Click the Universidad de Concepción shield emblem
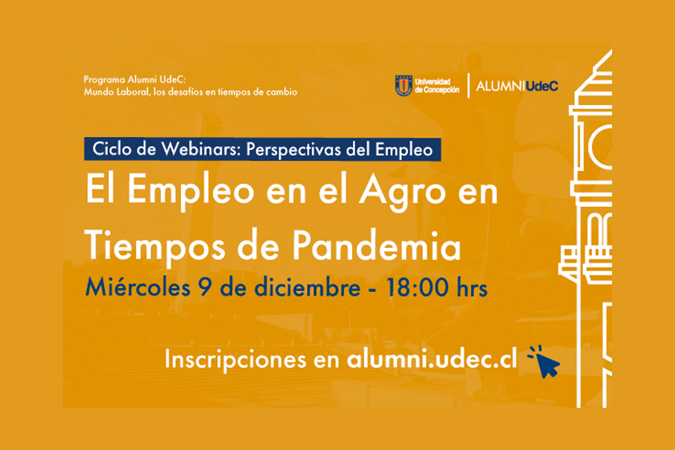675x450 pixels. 403,86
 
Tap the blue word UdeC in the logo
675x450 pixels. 542,86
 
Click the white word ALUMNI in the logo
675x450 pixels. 501,86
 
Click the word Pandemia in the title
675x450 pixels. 377,246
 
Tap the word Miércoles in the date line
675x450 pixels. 138,287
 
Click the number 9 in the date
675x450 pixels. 205,287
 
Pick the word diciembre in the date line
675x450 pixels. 307,287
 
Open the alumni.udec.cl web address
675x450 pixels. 432,359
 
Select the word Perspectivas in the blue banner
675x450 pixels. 293,150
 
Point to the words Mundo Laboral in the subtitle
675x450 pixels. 116,92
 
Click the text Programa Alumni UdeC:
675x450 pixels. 135,79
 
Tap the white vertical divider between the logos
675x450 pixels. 468,86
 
